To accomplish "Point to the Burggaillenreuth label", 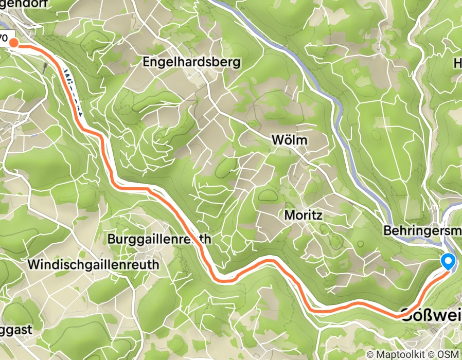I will coord(159,240).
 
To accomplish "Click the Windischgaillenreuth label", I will coord(94,265).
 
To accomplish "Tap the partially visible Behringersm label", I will coord(422,232).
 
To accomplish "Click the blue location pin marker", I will coord(448,261).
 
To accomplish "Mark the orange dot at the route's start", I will coord(14,43).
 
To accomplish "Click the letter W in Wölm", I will coord(276,140).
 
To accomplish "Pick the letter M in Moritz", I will coord(288,215).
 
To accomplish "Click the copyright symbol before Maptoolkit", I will coord(370,354).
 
